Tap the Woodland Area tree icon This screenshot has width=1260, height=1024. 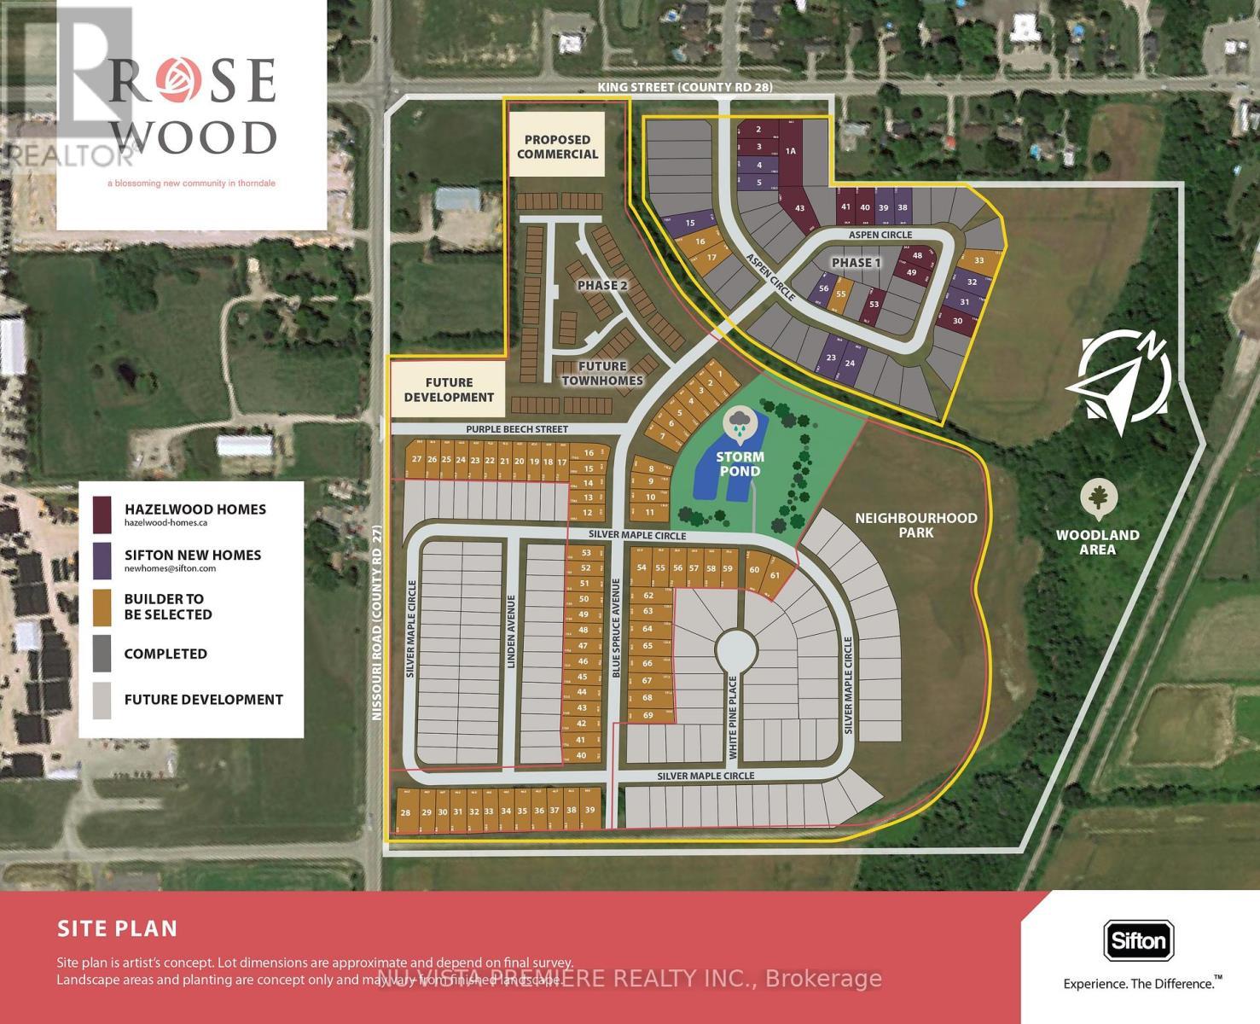(1099, 499)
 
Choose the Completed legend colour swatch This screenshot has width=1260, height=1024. (102, 653)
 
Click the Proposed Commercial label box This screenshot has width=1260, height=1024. (557, 147)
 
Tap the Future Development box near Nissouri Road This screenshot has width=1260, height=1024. (449, 390)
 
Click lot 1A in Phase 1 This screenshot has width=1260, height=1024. (791, 151)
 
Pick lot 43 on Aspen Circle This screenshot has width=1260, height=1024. (799, 207)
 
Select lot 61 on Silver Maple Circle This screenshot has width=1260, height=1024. (775, 574)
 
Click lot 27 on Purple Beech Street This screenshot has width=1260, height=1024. (416, 459)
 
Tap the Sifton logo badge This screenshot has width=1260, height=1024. (1139, 941)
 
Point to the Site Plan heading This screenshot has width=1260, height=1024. (118, 928)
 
